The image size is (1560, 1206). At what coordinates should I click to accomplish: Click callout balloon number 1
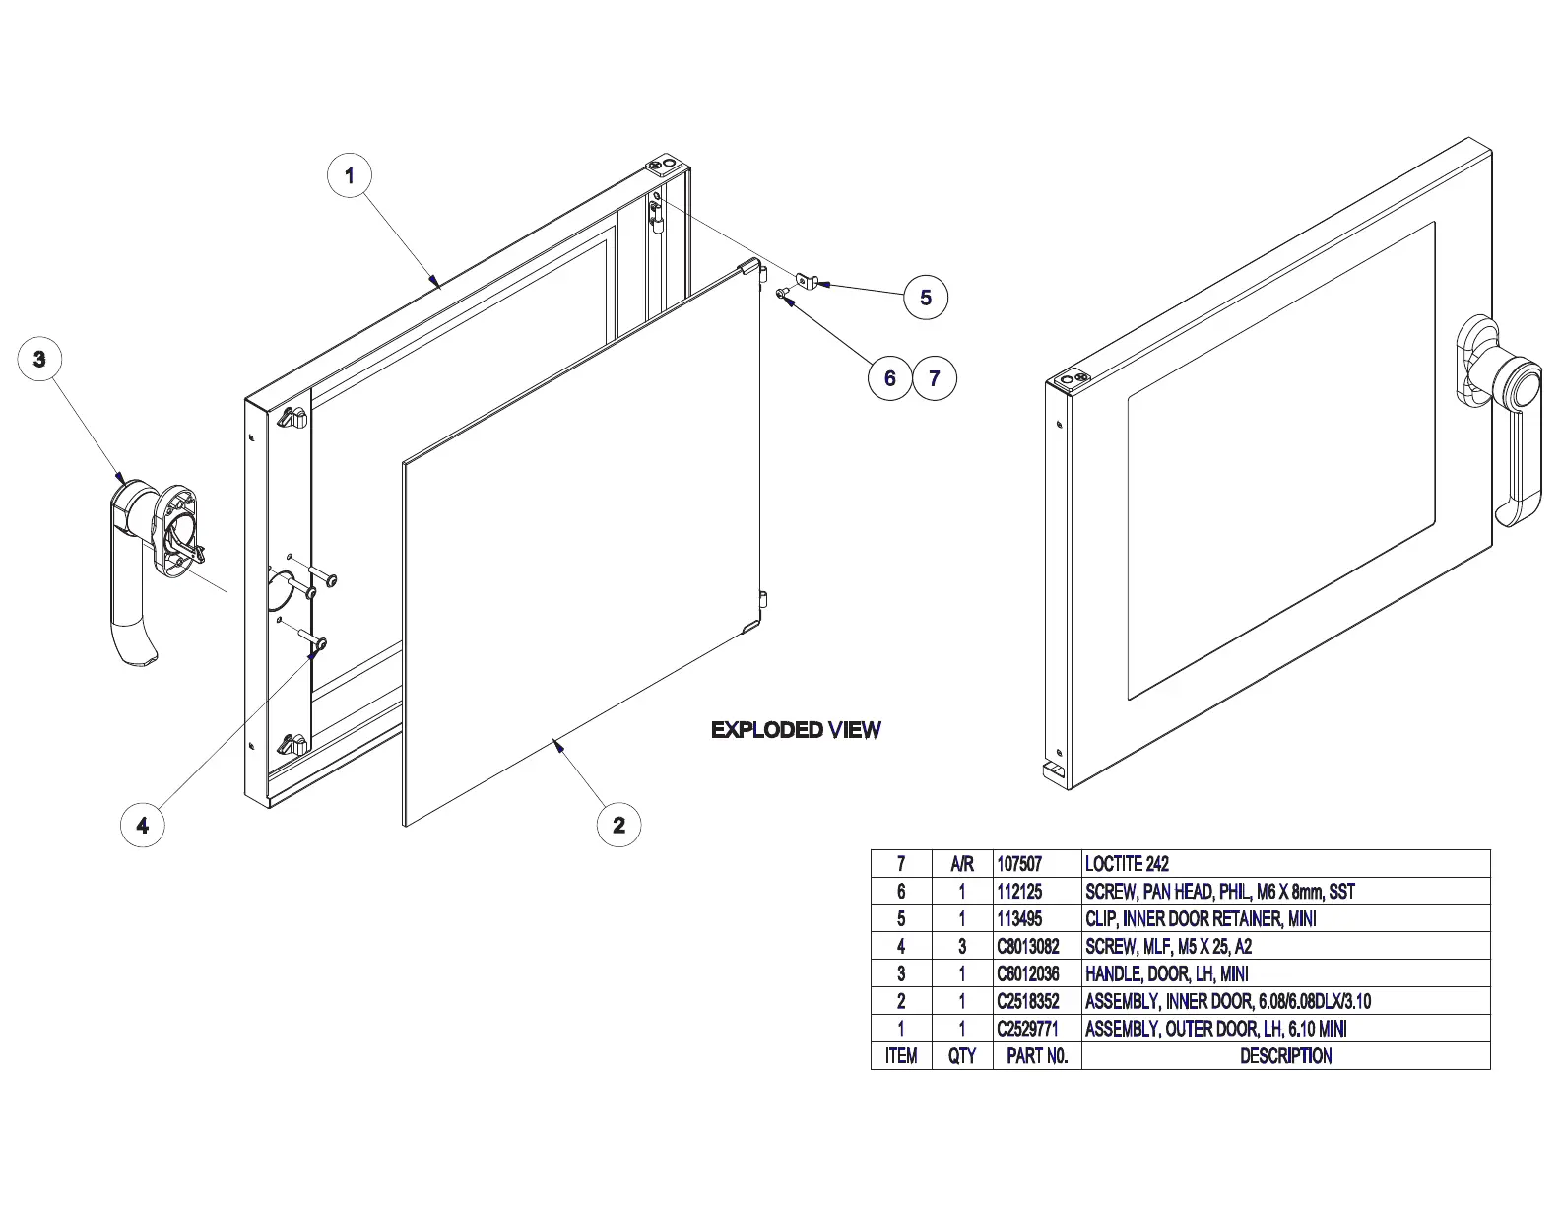350,176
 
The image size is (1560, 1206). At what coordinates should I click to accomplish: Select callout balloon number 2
618,825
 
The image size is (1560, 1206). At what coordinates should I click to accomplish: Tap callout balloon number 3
39,359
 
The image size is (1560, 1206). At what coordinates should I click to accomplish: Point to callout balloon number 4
143,825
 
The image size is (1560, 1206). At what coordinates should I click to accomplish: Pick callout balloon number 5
926,298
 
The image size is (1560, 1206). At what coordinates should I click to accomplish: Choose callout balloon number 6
890,378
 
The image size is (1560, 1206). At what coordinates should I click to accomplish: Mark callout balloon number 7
935,378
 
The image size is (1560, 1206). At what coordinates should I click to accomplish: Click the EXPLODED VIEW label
796,730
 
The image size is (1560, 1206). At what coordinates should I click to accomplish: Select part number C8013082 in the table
1028,947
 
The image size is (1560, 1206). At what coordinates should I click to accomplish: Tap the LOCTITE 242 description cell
1127,864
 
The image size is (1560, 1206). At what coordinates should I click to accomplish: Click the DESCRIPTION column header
1285,1056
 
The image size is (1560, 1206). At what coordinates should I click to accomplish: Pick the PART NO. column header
1037,1056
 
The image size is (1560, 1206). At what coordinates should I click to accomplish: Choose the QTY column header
962,1056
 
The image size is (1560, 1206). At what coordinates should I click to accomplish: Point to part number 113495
1019,919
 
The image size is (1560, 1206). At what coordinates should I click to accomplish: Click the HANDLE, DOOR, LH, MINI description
1167,974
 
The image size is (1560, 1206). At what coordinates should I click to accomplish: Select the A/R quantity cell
962,864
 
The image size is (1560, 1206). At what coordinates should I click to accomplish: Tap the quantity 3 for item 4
962,947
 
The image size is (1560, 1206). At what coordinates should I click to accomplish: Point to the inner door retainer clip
807,281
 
